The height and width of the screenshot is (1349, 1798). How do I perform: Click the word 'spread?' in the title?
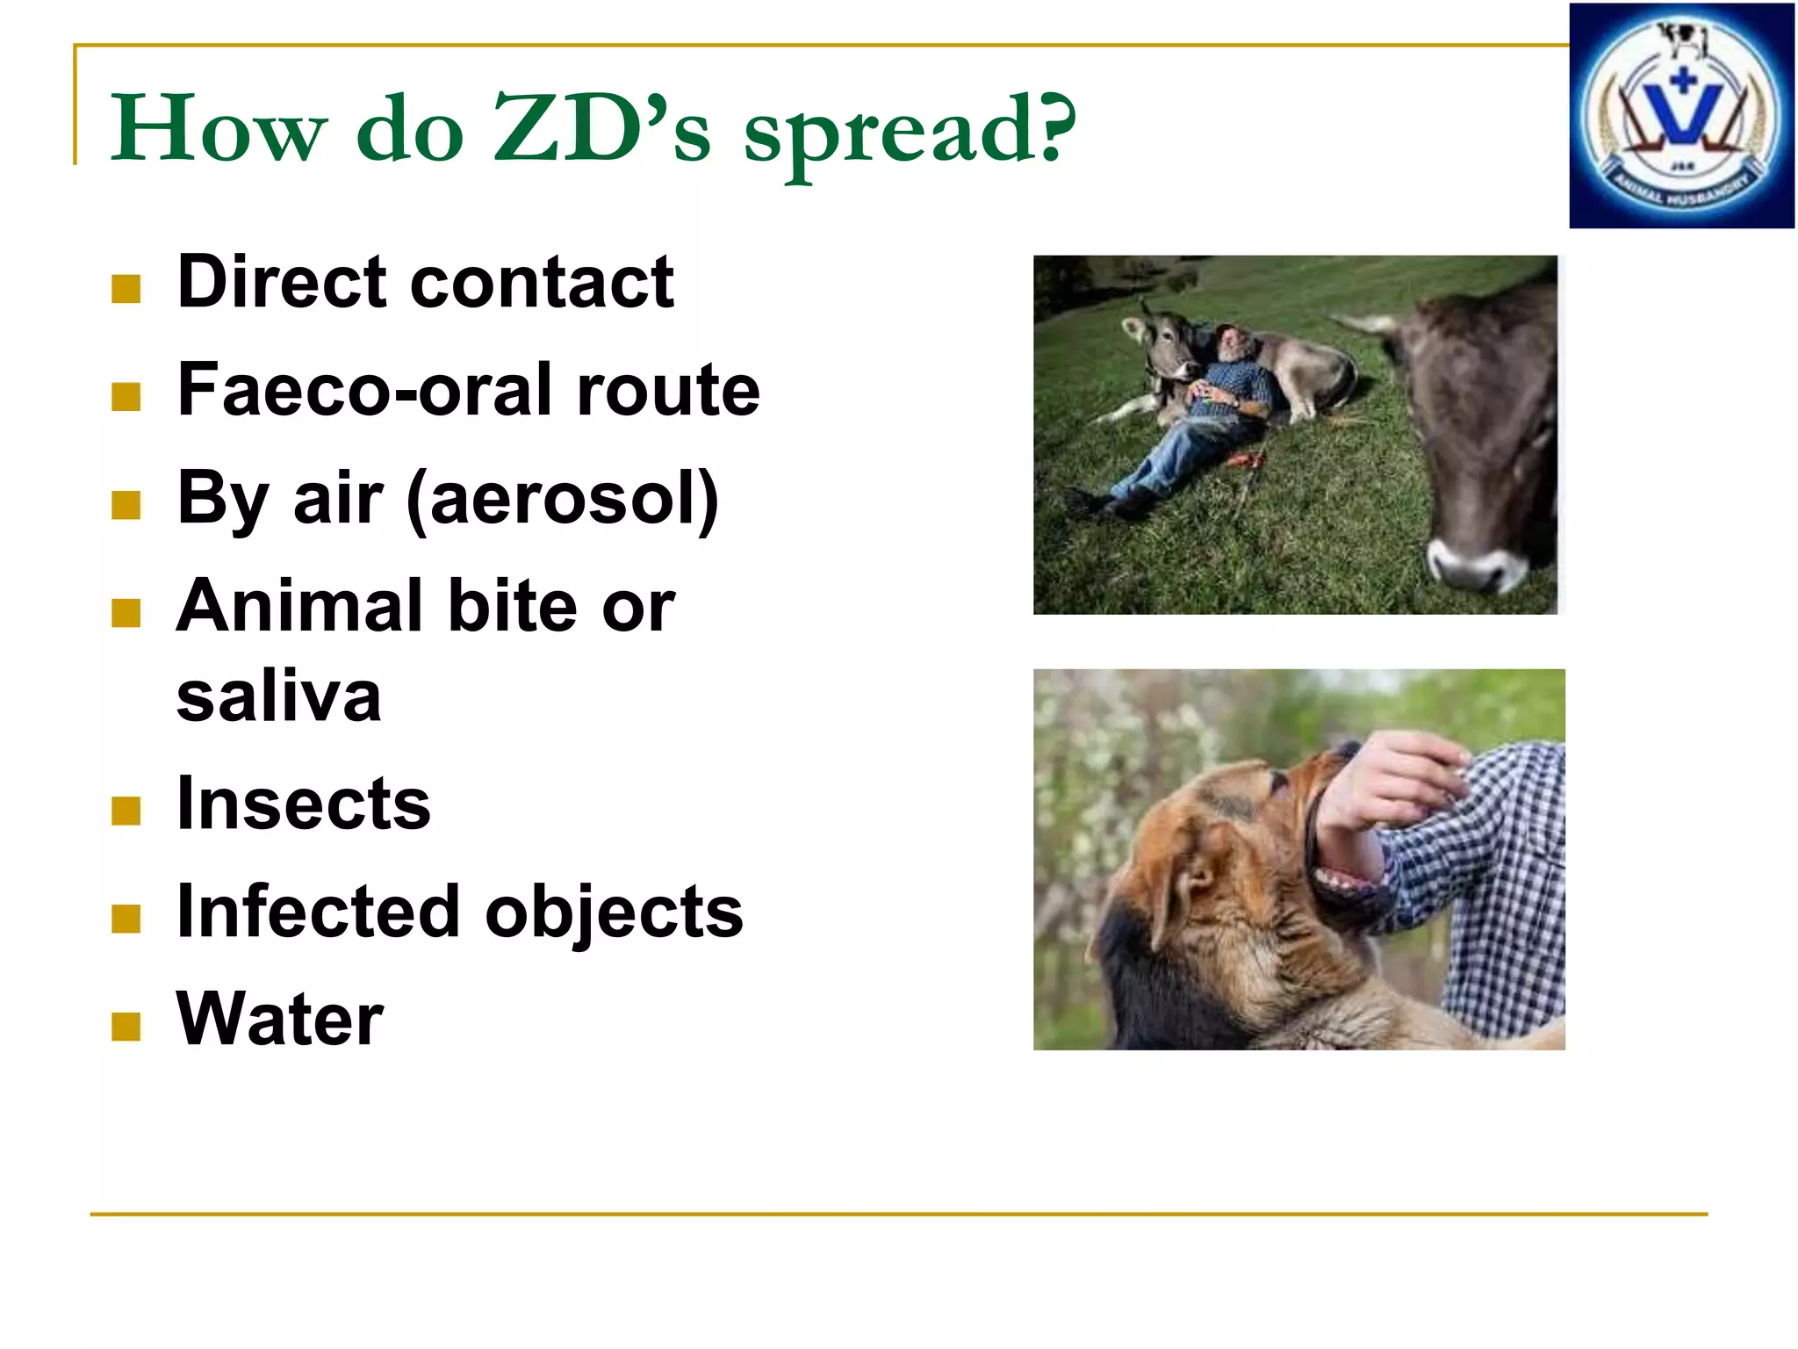pos(909,132)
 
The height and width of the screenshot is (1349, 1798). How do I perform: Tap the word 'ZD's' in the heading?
pos(601,130)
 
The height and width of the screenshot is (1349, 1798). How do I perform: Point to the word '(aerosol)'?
pos(562,499)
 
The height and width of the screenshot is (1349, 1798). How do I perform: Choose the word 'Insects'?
pos(304,804)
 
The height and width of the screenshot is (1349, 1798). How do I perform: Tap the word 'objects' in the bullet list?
pos(614,912)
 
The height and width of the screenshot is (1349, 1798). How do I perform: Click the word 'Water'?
pos(280,1019)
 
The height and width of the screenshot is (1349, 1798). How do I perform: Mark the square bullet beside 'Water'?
pos(126,1026)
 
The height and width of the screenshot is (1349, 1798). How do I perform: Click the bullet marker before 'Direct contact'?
pos(126,289)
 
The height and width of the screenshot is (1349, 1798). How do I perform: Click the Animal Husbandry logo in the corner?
pos(1681,116)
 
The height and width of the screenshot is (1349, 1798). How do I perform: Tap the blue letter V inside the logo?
pos(1682,114)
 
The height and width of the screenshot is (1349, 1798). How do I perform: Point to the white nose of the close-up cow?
pos(1475,562)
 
